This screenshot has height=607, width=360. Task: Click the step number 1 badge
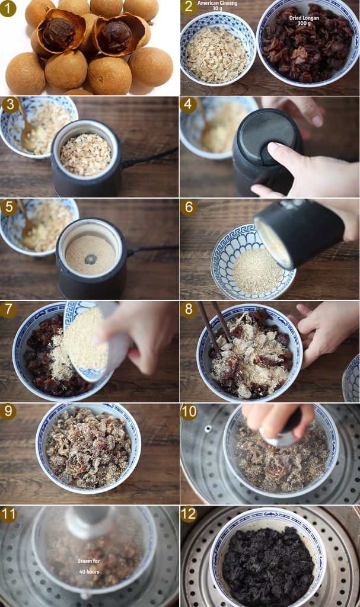click(x=8, y=8)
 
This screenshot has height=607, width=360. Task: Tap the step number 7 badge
click(x=9, y=310)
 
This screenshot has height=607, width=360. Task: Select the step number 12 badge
click(x=189, y=515)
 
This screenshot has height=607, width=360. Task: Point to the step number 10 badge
click(x=189, y=412)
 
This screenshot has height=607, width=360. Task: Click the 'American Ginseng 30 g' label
click(x=217, y=5)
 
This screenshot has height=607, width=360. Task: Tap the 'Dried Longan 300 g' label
click(x=304, y=21)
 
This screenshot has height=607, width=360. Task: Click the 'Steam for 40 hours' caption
click(x=89, y=566)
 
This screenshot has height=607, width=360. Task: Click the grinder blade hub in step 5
click(x=91, y=259)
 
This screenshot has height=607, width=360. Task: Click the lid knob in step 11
click(x=90, y=522)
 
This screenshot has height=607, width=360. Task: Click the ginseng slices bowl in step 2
click(x=218, y=50)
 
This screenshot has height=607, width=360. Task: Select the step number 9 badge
click(x=8, y=412)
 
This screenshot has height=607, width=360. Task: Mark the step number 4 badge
click(x=189, y=105)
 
